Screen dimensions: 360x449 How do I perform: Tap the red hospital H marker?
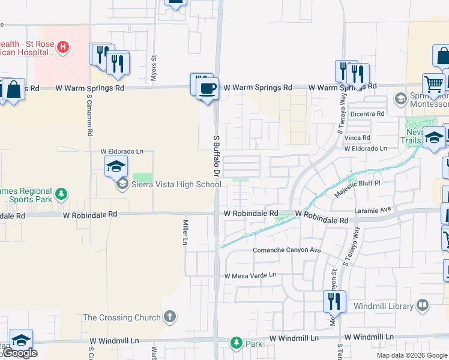(62, 47)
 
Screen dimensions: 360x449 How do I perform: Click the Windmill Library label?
(388, 306)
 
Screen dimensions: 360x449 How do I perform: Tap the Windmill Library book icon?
(423, 306)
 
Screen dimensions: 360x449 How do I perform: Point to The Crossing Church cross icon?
(170, 317)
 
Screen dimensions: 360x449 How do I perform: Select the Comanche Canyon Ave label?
(288, 250)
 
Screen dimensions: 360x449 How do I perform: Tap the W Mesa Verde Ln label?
(250, 275)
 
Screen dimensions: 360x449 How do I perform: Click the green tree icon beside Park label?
(237, 343)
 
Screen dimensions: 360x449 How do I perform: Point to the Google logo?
(20, 353)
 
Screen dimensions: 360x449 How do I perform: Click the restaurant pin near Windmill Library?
(334, 301)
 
